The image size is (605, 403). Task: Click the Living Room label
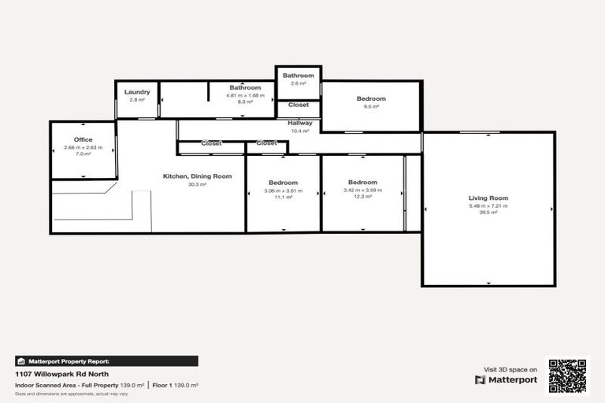pyautogui.click(x=488, y=198)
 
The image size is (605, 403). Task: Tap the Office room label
pyautogui.click(x=83, y=140)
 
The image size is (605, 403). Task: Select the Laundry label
pyautogui.click(x=137, y=92)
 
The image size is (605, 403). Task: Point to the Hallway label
pyautogui.click(x=299, y=123)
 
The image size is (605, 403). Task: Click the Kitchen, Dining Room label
pyautogui.click(x=197, y=176)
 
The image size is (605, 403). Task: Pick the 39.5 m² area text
pyautogui.click(x=488, y=213)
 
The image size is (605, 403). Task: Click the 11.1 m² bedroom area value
pyautogui.click(x=284, y=197)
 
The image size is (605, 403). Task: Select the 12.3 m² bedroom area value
pyautogui.click(x=362, y=196)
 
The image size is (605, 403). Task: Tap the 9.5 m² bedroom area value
pyautogui.click(x=371, y=106)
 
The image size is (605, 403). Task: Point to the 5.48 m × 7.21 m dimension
pyautogui.click(x=488, y=205)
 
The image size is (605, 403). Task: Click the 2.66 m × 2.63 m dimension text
pyautogui.click(x=83, y=147)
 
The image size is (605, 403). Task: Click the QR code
pyautogui.click(x=567, y=375)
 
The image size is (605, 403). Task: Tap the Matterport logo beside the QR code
pyautogui.click(x=506, y=379)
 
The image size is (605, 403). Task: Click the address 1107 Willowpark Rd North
pyautogui.click(x=62, y=374)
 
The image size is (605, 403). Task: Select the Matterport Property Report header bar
pyautogui.click(x=106, y=361)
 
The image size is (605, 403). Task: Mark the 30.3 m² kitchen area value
pyautogui.click(x=197, y=184)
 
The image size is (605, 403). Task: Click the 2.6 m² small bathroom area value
pyautogui.click(x=299, y=83)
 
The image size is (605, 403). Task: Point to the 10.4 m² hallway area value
pyautogui.click(x=299, y=131)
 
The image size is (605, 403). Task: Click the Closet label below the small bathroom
pyautogui.click(x=299, y=105)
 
